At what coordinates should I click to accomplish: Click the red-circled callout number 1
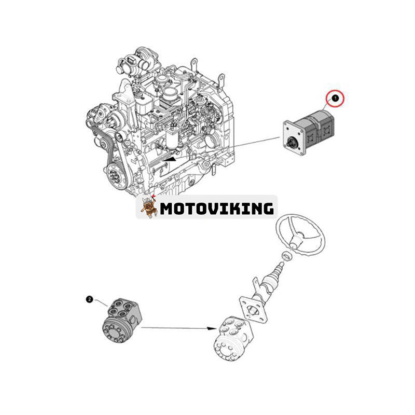335,99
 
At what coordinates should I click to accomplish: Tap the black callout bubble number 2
90,299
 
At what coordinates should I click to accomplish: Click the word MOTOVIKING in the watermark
217,209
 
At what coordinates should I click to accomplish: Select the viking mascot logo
148,208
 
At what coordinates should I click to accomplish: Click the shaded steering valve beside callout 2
122,321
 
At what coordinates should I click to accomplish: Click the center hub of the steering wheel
296,240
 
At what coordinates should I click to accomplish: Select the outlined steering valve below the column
233,339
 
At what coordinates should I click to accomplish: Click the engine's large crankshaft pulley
117,175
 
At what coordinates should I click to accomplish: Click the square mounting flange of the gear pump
294,138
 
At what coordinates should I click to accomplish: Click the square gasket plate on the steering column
253,310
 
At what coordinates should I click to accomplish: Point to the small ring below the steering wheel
287,256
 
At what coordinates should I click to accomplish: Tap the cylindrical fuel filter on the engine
171,137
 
